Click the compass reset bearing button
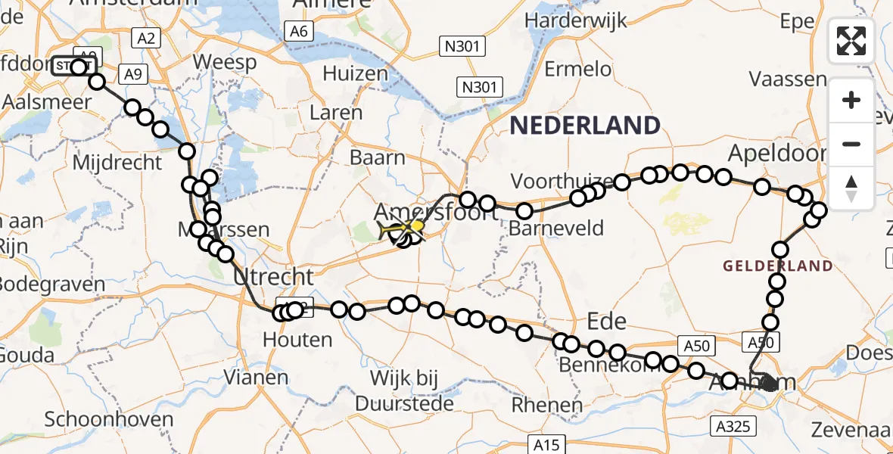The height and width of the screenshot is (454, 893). [x=851, y=188]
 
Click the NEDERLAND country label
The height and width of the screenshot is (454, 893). [x=584, y=125]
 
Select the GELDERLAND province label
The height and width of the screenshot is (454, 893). [x=777, y=266]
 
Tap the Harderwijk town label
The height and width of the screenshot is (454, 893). [x=580, y=20]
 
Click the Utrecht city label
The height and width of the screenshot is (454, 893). [x=274, y=276]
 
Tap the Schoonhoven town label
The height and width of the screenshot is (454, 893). [x=109, y=418]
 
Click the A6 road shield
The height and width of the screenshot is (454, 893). [x=299, y=31]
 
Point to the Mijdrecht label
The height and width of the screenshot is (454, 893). [x=118, y=162]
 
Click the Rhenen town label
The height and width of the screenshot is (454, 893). [x=546, y=405]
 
